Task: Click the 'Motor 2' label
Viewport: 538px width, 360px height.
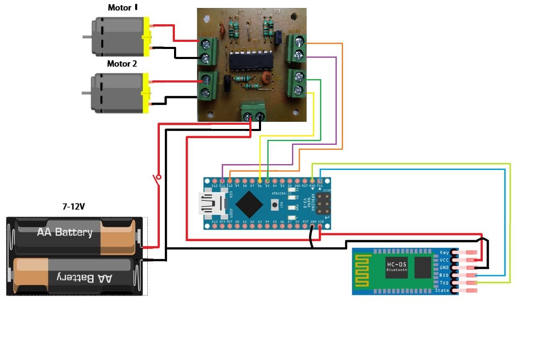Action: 122,64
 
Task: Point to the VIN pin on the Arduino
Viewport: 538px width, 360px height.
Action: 320,226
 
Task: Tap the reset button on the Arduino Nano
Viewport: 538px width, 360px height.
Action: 275,205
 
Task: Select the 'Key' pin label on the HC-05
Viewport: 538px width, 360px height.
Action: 444,252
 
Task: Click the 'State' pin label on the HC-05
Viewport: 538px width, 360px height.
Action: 442,290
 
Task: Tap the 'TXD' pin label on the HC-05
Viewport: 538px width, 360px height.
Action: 444,283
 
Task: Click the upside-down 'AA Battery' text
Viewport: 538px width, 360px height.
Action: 84,278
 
